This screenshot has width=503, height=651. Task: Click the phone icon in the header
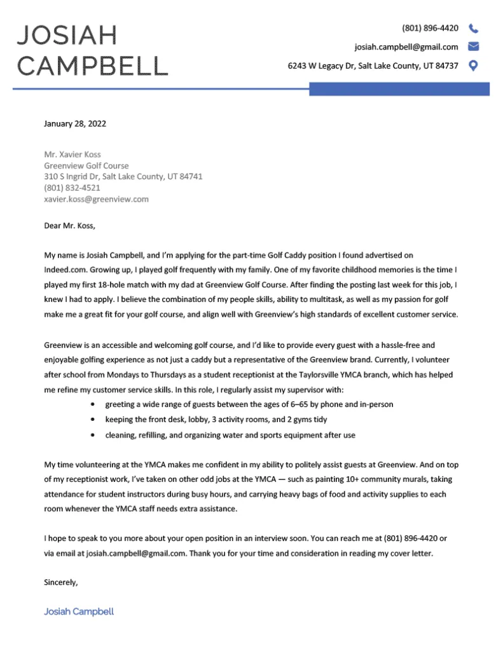point(473,29)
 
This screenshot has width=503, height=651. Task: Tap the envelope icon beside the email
point(473,46)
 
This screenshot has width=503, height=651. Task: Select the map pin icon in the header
point(473,65)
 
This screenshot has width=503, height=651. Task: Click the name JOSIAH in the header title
point(67,36)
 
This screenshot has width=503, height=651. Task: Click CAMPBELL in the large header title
point(92,65)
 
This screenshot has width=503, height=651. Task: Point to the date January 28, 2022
point(75,123)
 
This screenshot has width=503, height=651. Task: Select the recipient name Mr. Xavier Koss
point(72,154)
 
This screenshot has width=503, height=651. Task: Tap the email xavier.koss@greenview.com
point(96,199)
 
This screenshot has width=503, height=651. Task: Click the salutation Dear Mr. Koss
point(69,225)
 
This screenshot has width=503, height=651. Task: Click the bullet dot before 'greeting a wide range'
point(94,404)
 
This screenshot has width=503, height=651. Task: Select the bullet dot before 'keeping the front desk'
point(94,420)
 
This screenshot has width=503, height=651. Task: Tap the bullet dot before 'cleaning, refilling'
point(94,435)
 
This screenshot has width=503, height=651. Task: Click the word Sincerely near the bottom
point(61,582)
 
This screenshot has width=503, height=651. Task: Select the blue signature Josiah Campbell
point(79,612)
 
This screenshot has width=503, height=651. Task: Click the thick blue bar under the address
point(399,89)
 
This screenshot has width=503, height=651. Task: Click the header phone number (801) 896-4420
point(430,29)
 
